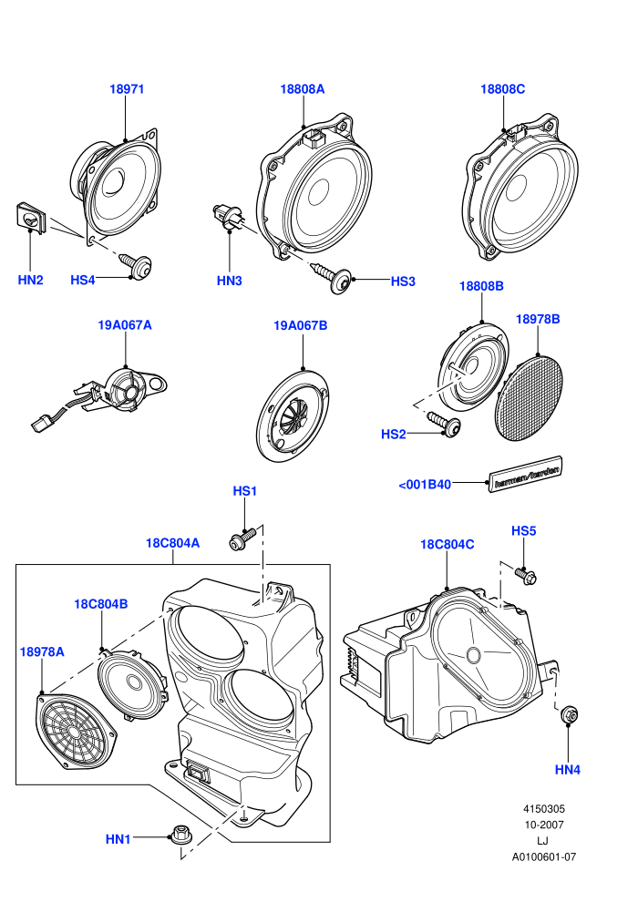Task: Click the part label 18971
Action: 127,89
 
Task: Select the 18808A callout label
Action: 302,89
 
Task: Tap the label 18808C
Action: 502,89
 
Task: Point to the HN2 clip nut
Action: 30,218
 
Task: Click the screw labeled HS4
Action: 137,265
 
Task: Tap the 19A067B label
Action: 300,325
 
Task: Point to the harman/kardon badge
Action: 526,474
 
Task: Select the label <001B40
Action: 425,485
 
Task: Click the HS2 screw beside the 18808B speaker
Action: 444,422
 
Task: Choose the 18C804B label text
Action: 100,604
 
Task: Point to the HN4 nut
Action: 569,714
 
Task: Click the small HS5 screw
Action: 525,575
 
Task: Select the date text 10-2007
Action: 544,825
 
